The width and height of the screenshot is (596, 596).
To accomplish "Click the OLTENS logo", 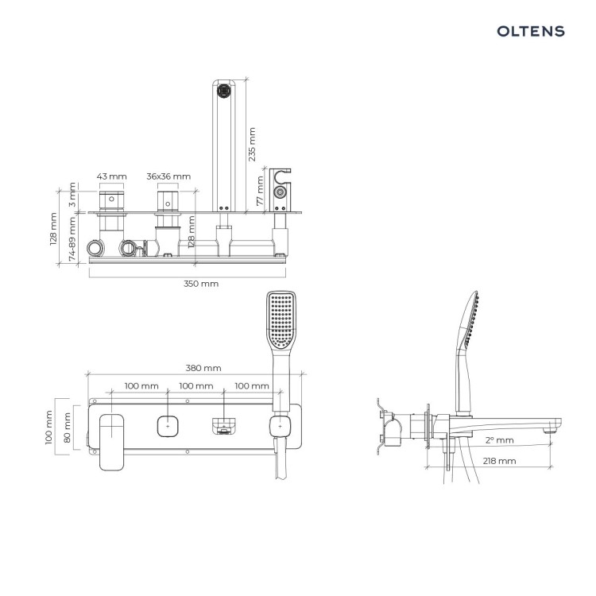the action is tap(531, 31).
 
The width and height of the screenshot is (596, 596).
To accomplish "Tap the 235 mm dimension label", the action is tap(252, 145).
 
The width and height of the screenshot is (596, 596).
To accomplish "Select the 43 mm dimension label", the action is tap(111, 176).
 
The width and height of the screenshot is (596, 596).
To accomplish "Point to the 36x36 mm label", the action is tap(168, 176).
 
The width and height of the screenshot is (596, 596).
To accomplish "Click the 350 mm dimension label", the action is tap(201, 284).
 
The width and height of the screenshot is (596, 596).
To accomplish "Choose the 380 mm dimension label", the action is tap(203, 368).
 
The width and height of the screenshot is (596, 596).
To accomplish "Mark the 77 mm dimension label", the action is tap(260, 191).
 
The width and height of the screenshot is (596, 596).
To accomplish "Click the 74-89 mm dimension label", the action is tap(72, 239).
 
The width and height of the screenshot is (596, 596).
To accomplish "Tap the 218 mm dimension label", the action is tap(500, 461).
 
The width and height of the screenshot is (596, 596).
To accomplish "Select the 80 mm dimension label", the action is tap(68, 428).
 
